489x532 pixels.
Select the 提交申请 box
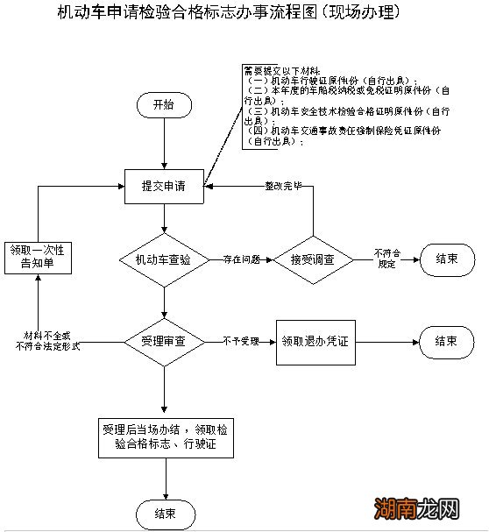(163, 186)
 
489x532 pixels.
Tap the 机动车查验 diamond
(163, 259)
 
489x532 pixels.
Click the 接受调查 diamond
(312, 259)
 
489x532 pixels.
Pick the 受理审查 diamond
(163, 340)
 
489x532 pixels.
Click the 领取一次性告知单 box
(38, 259)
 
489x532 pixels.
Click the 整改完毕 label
(282, 187)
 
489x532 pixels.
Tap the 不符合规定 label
(386, 258)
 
